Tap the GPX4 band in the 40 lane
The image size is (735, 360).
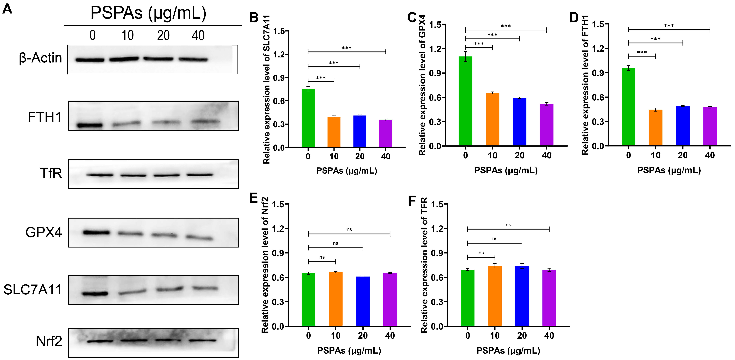199,237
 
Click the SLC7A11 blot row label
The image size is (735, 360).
33,290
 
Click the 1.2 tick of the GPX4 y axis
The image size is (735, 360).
435,49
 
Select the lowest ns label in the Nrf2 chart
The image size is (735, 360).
322,257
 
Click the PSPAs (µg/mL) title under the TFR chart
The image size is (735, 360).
508,350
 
